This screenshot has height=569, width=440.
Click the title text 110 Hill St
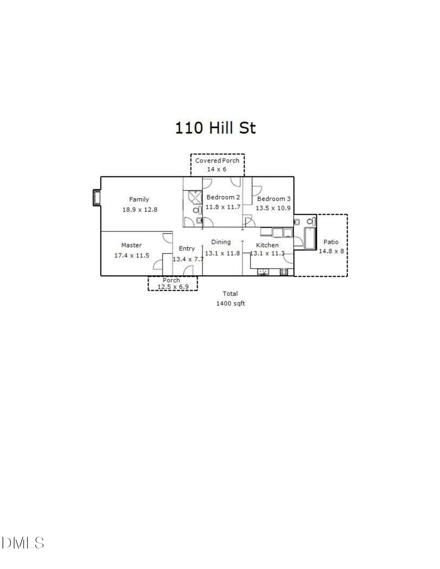[216, 128]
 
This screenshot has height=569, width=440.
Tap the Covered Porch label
[217, 161]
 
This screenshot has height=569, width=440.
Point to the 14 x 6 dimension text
[217, 169]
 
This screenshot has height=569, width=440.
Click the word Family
[139, 199]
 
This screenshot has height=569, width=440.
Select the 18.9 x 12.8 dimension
[139, 209]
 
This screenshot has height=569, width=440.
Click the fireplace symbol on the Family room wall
[95, 198]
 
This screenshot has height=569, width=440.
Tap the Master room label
[132, 245]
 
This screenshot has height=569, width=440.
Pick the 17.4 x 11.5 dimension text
[132, 255]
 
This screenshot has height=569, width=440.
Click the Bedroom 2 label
[223, 197]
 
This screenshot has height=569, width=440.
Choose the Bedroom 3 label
[274, 199]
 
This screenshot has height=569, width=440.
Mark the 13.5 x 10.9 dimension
[273, 208]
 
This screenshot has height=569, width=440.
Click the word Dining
[221, 242]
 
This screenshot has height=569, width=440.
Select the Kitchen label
[267, 245]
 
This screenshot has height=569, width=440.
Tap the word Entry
[187, 249]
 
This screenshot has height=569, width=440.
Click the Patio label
[331, 242]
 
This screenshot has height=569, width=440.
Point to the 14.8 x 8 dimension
[331, 251]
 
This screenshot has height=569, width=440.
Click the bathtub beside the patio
[309, 238]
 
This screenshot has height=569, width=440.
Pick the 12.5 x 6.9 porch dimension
[173, 287]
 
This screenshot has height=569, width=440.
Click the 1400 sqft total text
[230, 303]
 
